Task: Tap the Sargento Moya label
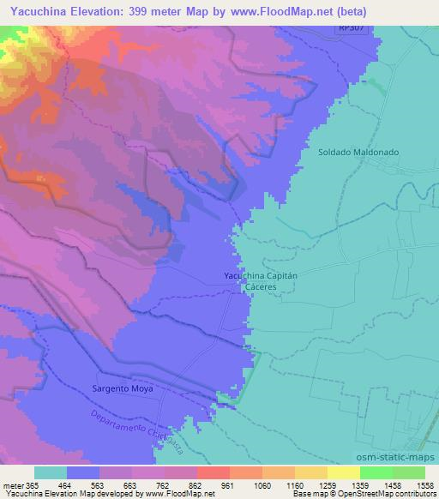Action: click(x=123, y=388)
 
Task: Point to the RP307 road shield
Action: click(x=346, y=29)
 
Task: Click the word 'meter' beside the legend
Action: click(x=14, y=485)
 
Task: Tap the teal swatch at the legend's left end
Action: click(x=51, y=473)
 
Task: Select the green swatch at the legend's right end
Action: click(x=409, y=473)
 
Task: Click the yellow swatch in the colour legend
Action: click(x=344, y=473)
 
